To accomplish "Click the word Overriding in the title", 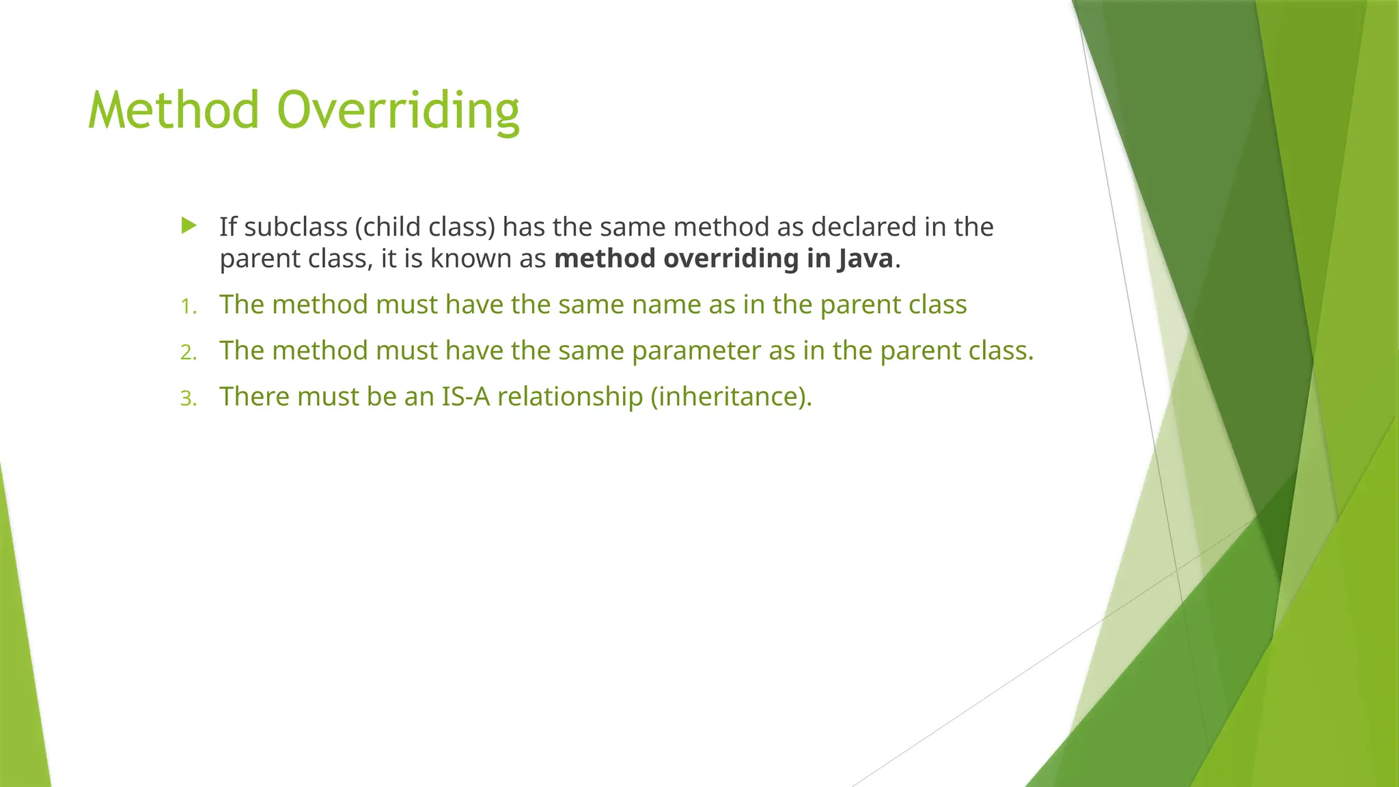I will (x=398, y=111).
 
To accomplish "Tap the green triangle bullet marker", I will (x=189, y=225).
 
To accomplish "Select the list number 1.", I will (x=188, y=307).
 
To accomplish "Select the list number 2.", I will (x=188, y=353).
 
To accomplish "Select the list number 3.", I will (x=188, y=398).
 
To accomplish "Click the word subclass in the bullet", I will (x=296, y=227).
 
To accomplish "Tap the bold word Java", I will (x=865, y=259).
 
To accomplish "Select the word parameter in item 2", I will (x=696, y=351).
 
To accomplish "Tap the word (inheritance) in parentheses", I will (x=731, y=397).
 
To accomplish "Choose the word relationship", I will (x=570, y=397).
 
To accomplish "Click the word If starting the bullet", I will (x=227, y=227).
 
